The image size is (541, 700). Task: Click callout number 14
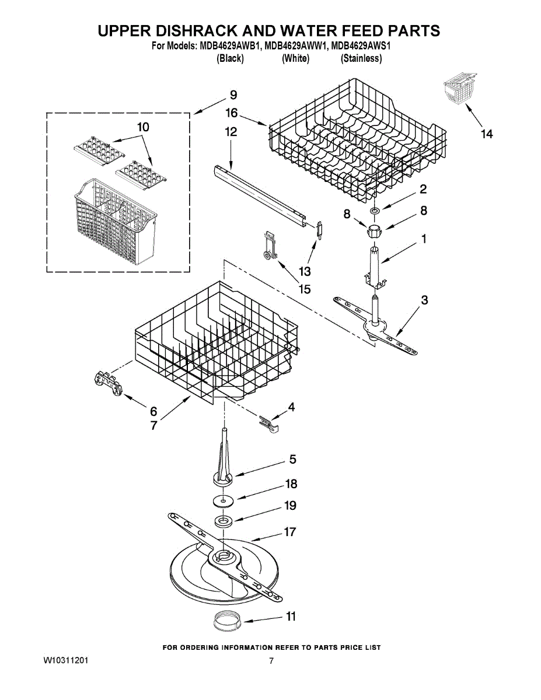[x=486, y=134]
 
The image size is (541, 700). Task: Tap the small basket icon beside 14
[x=458, y=90]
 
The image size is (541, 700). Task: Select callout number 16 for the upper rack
[x=231, y=113]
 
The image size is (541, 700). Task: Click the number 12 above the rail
[x=231, y=132]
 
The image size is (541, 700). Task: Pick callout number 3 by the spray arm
[x=424, y=300]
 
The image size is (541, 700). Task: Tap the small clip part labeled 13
[x=319, y=229]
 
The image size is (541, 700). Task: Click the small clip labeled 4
[x=268, y=422]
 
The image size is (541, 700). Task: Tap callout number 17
[x=289, y=532]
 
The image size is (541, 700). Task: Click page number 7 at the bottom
[x=271, y=661]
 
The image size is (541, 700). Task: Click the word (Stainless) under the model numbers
[x=361, y=58]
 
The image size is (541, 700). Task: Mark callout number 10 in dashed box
[x=143, y=127]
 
